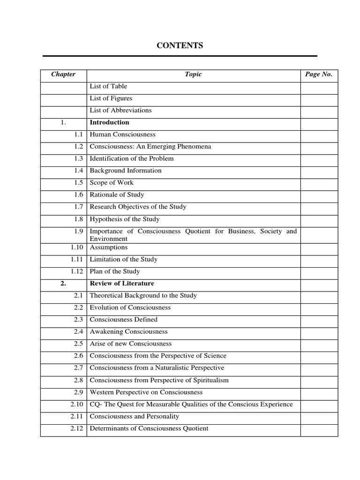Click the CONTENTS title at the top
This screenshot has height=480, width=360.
pos(180,45)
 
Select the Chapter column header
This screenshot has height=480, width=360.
pos(63,74)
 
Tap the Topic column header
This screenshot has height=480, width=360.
pos(193,74)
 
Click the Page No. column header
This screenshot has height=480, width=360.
pos(319,74)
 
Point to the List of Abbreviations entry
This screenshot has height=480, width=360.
pos(120,111)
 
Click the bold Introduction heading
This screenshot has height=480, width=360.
pos(109,122)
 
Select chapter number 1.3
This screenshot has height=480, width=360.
pos(78,158)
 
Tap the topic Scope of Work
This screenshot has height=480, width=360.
pos(112,183)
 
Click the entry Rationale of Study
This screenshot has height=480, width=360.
pos(117,195)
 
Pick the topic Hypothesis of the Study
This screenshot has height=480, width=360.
pos(124,219)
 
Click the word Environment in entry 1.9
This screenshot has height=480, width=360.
pos(108,239)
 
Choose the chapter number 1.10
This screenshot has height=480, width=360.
pos(76,247)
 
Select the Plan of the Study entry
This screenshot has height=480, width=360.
pos(114,271)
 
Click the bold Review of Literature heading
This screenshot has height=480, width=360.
pos(122,284)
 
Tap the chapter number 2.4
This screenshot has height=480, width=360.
pos(78,331)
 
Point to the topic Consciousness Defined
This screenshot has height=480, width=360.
pos(123,320)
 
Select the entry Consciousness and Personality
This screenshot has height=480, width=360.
pos(134,416)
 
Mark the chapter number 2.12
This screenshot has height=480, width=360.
pos(76,428)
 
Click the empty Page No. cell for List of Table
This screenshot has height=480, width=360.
pos(319,86)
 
